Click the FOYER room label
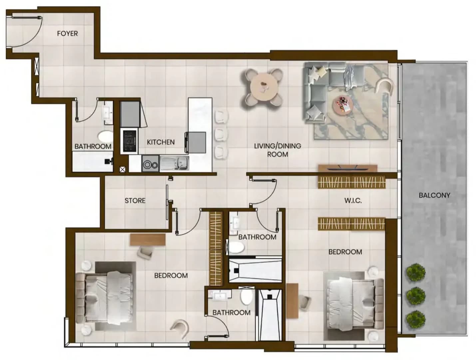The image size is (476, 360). pyautogui.click(x=67, y=33)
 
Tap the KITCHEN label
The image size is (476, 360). pyautogui.click(x=161, y=142)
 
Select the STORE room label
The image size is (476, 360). pyautogui.click(x=135, y=201)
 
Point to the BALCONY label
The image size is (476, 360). pyautogui.click(x=434, y=195)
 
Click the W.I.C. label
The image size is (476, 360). pyautogui.click(x=353, y=201)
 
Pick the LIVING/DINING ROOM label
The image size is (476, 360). pyautogui.click(x=277, y=150)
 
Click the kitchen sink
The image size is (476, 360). pyautogui.click(x=174, y=163)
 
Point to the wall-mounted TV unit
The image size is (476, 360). pyautogui.click(x=347, y=168)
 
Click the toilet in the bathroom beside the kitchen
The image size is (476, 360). pyautogui.click(x=105, y=136)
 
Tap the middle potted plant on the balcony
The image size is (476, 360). pyautogui.click(x=415, y=296)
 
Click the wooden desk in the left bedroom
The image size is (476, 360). pyautogui.click(x=148, y=240)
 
